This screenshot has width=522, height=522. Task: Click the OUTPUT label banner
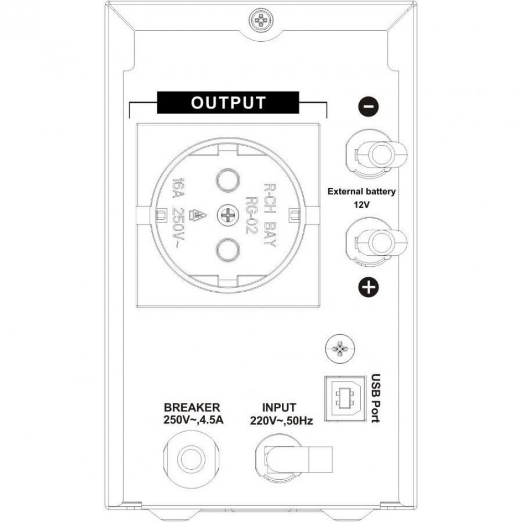coord(228,102)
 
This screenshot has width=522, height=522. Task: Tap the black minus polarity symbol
coord(369,106)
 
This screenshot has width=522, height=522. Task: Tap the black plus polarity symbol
coord(369,287)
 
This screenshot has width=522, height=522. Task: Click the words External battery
coord(362,192)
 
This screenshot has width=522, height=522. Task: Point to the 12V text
coord(362,204)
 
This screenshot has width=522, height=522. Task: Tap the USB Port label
coord(375,398)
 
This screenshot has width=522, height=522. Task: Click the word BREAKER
coord(192,408)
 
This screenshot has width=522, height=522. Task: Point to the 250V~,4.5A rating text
coord(193,420)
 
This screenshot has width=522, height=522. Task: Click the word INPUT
coord(279,408)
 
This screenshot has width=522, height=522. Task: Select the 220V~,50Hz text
coord(281,421)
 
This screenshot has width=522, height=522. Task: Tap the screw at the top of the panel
coord(260,21)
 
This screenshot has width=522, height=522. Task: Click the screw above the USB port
coord(339,348)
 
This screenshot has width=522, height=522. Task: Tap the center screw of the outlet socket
coord(228,216)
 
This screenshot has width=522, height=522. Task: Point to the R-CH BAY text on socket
coord(270,215)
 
